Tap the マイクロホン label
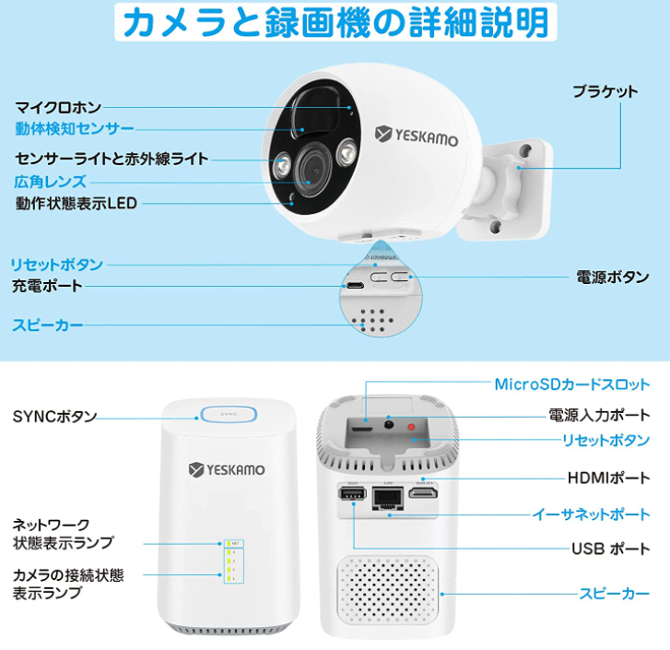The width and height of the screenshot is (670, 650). click(x=58, y=108)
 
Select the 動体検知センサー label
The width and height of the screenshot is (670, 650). click(x=75, y=128)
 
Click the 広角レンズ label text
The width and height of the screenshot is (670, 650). click(x=51, y=181)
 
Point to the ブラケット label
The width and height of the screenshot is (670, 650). click(x=605, y=91)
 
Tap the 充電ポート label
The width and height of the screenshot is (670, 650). click(x=48, y=286)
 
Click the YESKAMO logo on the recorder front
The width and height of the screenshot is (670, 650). click(x=227, y=470)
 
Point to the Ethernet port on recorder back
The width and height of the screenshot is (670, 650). click(x=387, y=499)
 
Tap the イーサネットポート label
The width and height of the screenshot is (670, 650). click(x=592, y=514)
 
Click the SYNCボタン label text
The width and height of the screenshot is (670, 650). click(x=55, y=416)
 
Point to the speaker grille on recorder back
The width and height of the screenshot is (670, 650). click(x=387, y=590)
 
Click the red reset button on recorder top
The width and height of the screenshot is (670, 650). click(x=411, y=428)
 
